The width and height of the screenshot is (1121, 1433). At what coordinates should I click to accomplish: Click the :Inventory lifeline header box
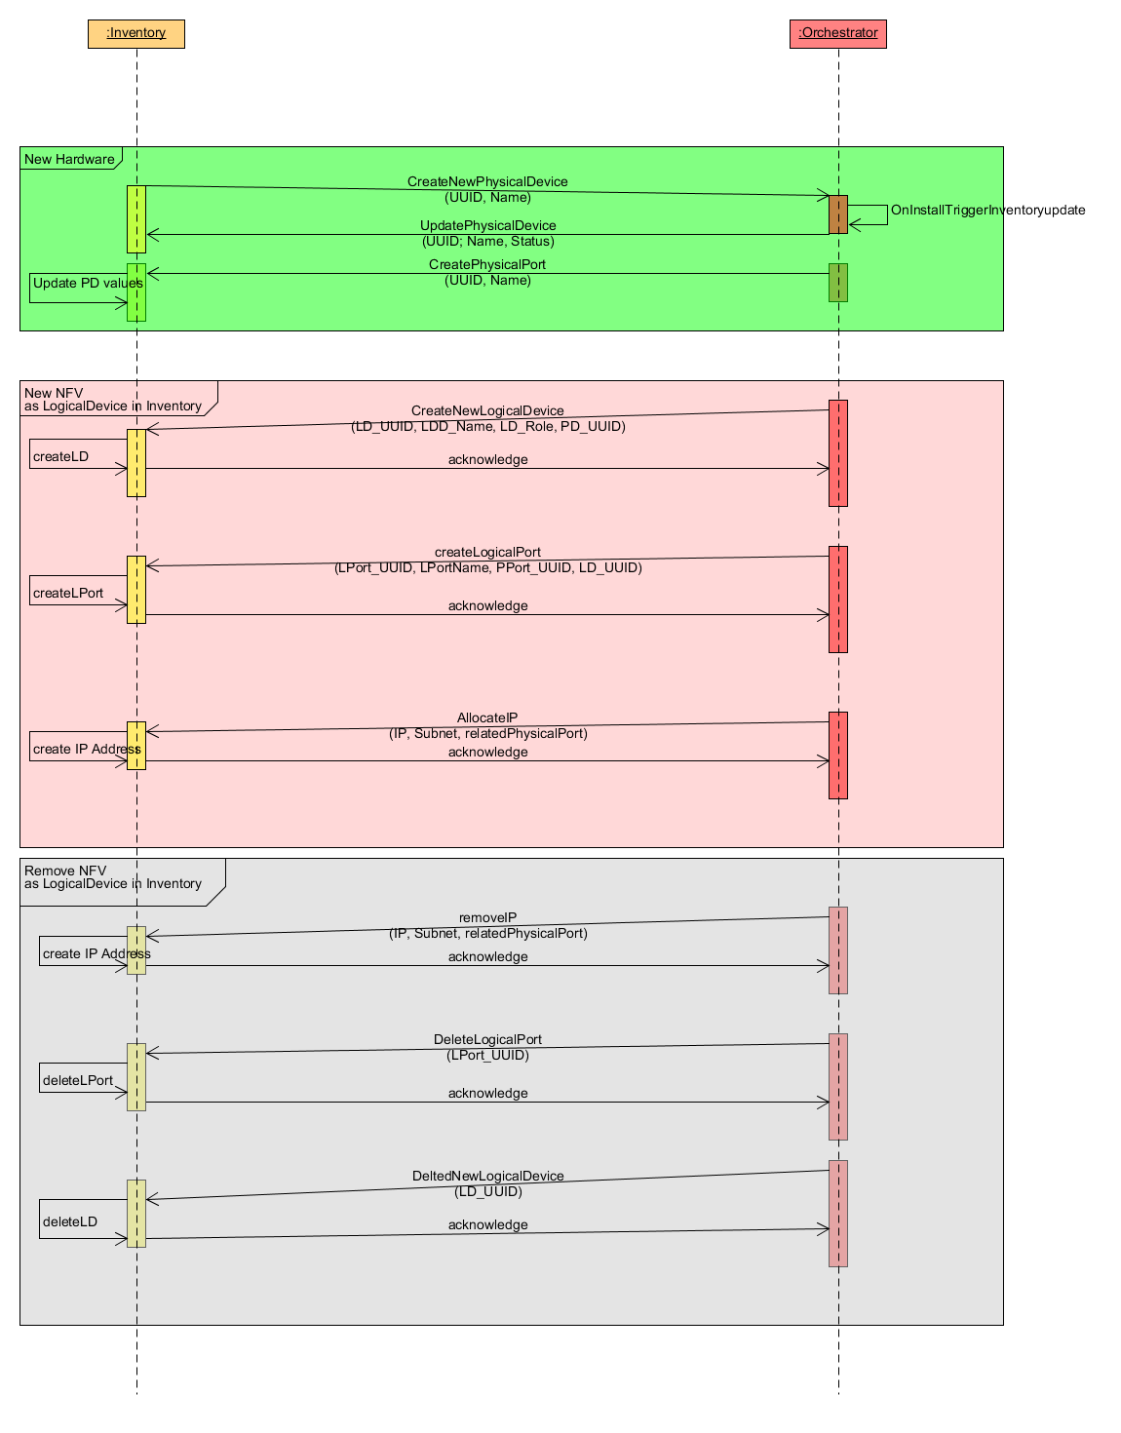coord(136,33)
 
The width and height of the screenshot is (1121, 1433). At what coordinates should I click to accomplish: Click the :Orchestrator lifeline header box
coord(837,33)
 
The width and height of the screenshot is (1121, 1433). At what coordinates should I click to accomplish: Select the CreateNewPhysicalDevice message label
coord(487,181)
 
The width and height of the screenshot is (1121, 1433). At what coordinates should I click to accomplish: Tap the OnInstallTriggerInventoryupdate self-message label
coord(987,210)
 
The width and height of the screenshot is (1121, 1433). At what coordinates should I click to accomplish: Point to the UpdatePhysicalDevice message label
coord(487,225)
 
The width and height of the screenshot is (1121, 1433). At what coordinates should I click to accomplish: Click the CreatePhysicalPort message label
coord(487,264)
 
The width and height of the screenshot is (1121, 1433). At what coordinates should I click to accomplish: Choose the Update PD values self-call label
coord(88,284)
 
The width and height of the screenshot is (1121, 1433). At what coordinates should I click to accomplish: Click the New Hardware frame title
coord(69,159)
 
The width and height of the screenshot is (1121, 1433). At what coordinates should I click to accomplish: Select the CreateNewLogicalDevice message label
coord(487,410)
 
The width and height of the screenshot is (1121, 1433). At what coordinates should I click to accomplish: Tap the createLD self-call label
coord(60,456)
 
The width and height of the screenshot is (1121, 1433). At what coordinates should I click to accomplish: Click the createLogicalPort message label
coord(487,552)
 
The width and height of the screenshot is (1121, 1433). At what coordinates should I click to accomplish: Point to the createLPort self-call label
coord(68,593)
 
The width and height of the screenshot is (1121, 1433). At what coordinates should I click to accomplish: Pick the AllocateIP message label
coord(487,717)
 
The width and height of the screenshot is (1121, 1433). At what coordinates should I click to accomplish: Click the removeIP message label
coord(487,917)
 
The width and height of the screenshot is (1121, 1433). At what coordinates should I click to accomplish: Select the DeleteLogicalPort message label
coord(487,1039)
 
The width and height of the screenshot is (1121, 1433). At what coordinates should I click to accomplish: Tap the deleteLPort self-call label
coord(78,1080)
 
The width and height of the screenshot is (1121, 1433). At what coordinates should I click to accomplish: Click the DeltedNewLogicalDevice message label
coord(487,1176)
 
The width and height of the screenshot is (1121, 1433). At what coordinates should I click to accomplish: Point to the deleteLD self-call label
coord(70,1221)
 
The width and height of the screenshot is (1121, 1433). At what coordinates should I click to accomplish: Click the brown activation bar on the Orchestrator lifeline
coord(837,214)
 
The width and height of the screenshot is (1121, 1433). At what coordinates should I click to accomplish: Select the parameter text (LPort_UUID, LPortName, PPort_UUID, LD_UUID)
coord(487,567)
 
